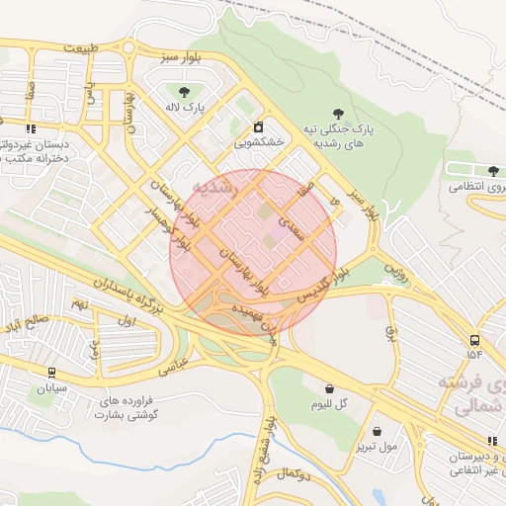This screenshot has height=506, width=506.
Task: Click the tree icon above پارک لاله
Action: (184, 92)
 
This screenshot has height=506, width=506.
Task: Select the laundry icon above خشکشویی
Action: (258, 126)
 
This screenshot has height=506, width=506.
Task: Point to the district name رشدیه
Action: (215, 186)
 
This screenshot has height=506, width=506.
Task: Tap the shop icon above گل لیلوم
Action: (328, 388)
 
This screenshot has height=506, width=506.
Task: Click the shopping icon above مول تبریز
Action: (378, 431)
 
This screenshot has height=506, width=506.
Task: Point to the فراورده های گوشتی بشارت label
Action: (138, 409)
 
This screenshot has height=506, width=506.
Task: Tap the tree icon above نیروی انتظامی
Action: (493, 171)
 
